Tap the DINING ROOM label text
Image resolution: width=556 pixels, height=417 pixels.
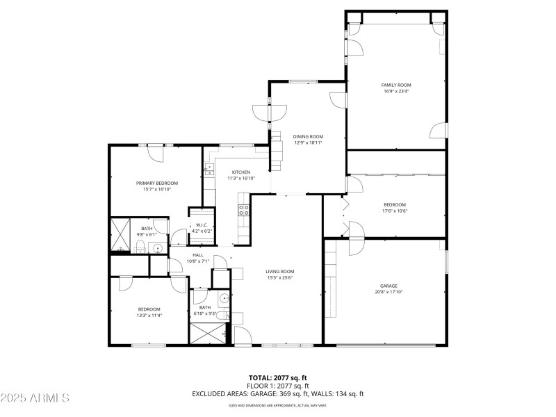tap(308, 136)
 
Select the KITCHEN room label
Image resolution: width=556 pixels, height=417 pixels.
tap(240, 172)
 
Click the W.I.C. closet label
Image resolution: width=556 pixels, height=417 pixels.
tap(202, 224)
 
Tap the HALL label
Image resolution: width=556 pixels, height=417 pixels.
tap(199, 255)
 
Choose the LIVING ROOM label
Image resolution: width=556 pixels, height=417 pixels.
tap(280, 271)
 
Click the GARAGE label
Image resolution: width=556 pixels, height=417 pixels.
tap(389, 286)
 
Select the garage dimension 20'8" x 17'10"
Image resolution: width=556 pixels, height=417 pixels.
tap(389, 292)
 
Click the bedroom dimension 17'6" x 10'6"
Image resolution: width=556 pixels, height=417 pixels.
tap(395, 211)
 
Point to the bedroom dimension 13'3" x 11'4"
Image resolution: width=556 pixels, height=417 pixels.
tap(149, 316)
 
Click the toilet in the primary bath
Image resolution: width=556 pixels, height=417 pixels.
tap(140, 247)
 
